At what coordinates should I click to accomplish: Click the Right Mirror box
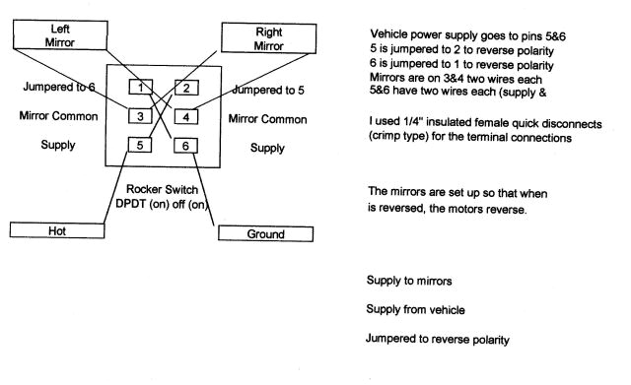(269, 36)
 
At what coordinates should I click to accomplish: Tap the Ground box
(265, 234)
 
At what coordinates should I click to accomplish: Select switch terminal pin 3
(142, 117)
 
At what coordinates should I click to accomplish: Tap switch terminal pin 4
(187, 117)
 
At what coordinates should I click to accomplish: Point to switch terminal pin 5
(142, 145)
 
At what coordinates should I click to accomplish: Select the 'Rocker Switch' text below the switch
(164, 188)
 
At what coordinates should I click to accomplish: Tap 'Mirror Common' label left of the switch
(57, 116)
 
